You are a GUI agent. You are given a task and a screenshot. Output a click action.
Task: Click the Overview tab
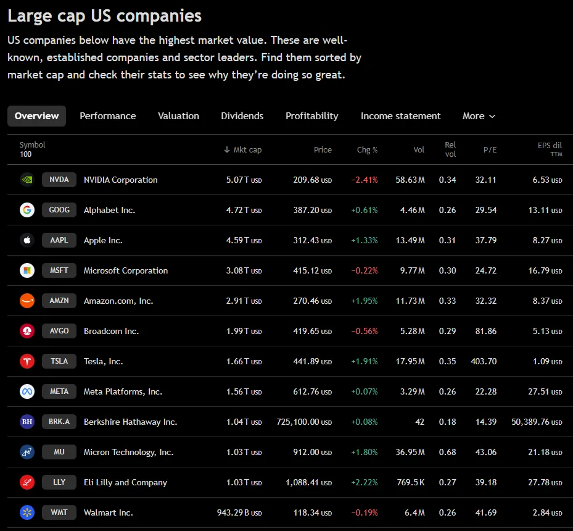(x=36, y=116)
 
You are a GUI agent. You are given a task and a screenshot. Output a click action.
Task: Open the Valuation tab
(x=178, y=116)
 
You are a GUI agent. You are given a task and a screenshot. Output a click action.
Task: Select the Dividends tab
(x=242, y=116)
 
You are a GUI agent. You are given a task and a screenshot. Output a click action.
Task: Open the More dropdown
(x=479, y=116)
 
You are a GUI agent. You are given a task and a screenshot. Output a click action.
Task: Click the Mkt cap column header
(x=242, y=149)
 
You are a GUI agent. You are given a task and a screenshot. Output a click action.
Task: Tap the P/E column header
(x=490, y=149)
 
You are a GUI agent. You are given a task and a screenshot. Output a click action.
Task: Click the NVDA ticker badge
(x=59, y=180)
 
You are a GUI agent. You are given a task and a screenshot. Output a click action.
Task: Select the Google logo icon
(x=27, y=210)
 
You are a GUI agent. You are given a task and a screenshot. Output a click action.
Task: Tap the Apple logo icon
(x=27, y=240)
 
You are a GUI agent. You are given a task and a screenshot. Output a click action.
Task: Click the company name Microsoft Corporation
(x=126, y=270)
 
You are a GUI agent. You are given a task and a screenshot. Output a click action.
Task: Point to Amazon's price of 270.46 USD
(x=313, y=301)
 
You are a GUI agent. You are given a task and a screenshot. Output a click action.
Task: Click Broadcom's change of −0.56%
(x=365, y=331)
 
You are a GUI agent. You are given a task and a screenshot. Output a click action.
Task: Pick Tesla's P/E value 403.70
(x=484, y=361)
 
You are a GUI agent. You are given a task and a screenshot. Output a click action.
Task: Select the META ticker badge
(x=59, y=391)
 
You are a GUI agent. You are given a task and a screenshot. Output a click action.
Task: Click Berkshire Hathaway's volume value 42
(x=419, y=422)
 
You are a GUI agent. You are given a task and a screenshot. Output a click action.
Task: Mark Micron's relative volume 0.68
(x=447, y=452)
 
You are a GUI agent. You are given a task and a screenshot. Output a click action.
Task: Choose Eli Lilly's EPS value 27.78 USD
(x=545, y=482)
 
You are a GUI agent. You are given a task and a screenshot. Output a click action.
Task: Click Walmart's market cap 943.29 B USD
(x=239, y=512)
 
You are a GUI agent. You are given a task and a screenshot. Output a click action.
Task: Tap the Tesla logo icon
(x=27, y=361)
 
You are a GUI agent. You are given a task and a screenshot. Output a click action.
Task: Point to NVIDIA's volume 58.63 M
(x=410, y=180)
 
